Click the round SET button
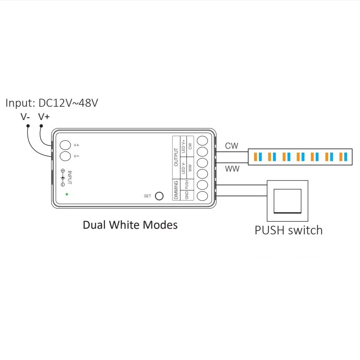159,196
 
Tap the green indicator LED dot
67,194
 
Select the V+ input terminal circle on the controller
65,145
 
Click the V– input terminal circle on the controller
65,156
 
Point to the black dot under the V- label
28,126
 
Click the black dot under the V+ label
41,126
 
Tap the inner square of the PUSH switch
288,201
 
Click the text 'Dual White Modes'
130,225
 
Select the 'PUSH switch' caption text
289,230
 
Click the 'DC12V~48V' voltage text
68,103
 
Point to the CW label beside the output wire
232,146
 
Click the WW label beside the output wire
232,169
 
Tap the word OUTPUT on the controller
176,157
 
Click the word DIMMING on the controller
176,190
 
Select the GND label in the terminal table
187,195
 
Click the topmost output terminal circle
202,141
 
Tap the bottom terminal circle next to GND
202,196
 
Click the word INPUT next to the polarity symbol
70,178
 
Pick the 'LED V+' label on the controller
183,146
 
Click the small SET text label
147,196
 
